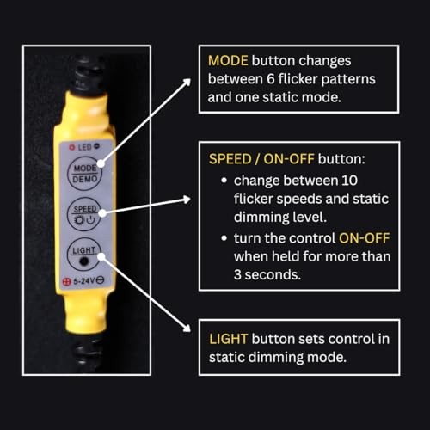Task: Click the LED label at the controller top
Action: [x=84, y=148]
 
